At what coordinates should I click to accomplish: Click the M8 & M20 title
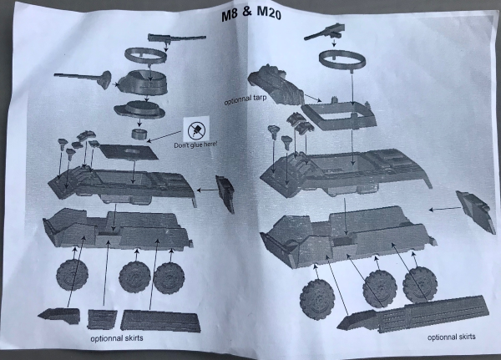pyautogui.click(x=251, y=14)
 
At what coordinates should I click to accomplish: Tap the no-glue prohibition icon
pyautogui.click(x=196, y=130)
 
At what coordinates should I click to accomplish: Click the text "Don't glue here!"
pyautogui.click(x=195, y=145)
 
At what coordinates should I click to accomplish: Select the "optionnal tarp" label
pyautogui.click(x=245, y=99)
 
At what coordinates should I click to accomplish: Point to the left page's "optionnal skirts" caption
pyautogui.click(x=117, y=338)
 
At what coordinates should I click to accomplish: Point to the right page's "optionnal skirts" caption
pyautogui.click(x=451, y=337)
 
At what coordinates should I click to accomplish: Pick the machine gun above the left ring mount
pyautogui.click(x=176, y=38)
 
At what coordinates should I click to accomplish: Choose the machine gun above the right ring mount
pyautogui.click(x=325, y=32)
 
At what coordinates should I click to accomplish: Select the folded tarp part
pyautogui.click(x=276, y=84)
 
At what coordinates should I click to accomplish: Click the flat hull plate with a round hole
pyautogui.click(x=129, y=151)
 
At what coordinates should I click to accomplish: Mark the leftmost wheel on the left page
pyautogui.click(x=72, y=275)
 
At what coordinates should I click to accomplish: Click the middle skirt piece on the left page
pyautogui.click(x=102, y=318)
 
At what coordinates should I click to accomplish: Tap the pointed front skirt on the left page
pyautogui.click(x=59, y=316)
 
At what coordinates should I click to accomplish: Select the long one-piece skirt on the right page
pyautogui.click(x=412, y=313)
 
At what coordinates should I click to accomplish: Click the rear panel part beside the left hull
pyautogui.click(x=225, y=194)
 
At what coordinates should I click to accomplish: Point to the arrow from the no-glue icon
pyautogui.click(x=165, y=136)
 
